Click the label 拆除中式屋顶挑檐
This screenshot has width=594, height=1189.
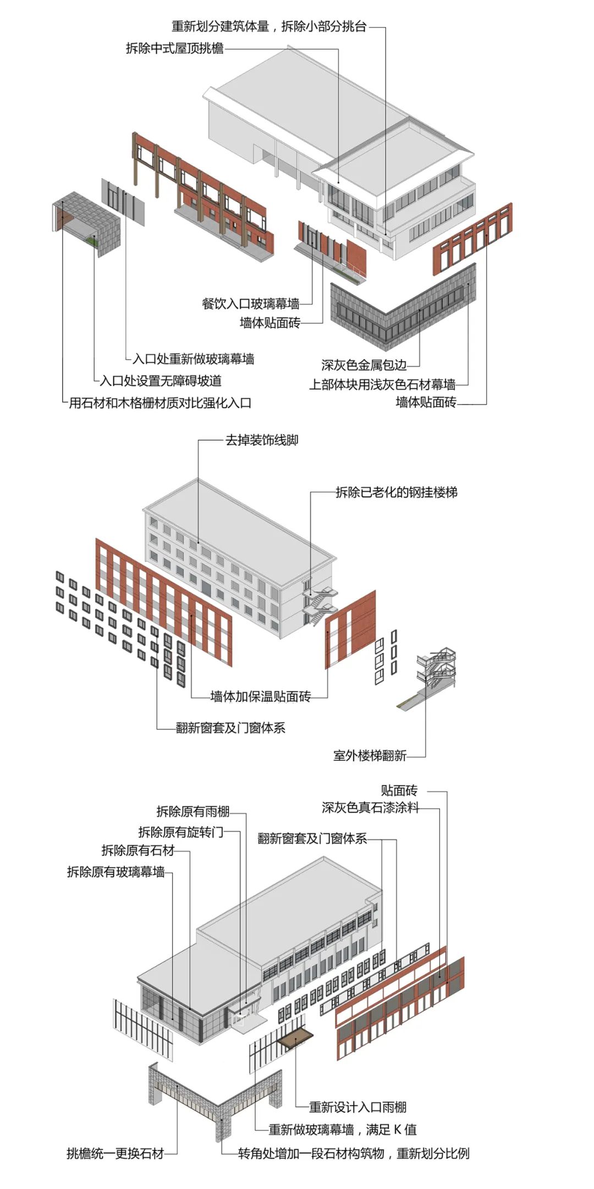pos(174,48)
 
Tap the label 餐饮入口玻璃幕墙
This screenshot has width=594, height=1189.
pos(251,303)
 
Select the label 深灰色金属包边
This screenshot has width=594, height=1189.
pos(364,365)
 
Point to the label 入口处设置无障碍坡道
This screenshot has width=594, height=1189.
pos(161,380)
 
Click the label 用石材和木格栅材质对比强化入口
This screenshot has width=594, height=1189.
pos(159,403)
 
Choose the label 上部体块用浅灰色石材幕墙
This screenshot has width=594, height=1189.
pos(382,384)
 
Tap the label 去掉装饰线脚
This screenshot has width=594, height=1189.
pos(262,440)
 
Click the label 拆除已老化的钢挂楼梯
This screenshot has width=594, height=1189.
pos(397,493)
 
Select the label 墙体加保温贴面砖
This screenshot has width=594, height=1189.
pos(261,697)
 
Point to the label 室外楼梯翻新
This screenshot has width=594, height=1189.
pos(370,755)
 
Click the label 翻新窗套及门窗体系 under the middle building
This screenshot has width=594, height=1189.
pos(230,728)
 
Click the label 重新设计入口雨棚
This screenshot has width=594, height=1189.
pos(358,1107)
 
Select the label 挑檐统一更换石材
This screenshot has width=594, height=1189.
pos(116,1153)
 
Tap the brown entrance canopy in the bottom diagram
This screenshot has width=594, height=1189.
pos(295,1037)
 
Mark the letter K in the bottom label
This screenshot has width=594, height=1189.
pos(397,1130)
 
